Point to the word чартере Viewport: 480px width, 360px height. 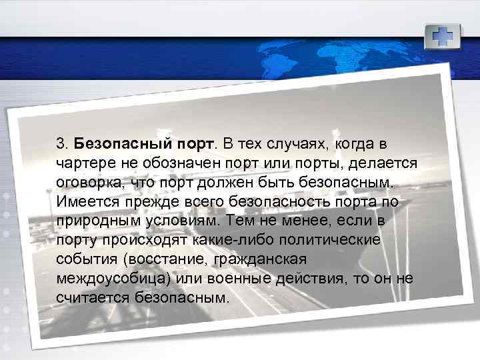(x=83, y=163)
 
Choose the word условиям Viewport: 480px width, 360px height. (x=180, y=220)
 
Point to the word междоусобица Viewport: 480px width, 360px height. (x=106, y=277)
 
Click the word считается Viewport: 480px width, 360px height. (x=87, y=295)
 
